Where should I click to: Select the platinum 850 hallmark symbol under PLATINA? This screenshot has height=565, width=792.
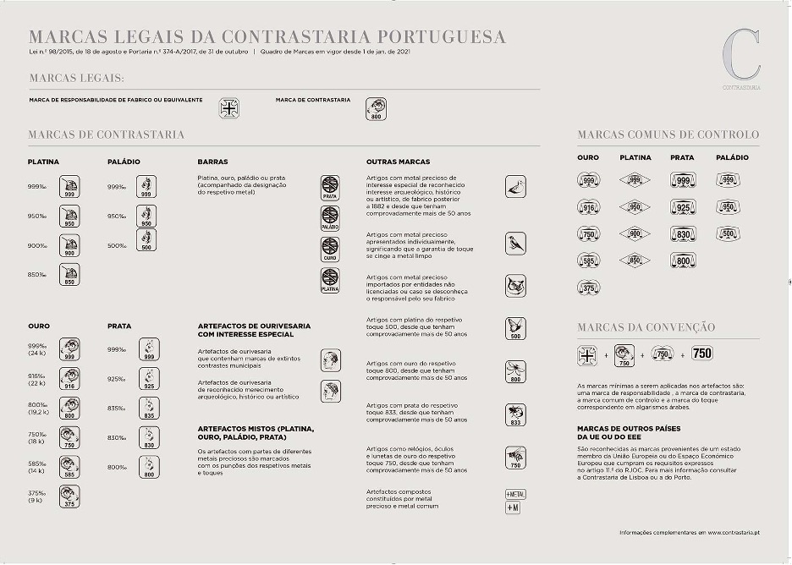click(69, 275)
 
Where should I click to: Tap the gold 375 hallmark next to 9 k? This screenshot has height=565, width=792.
click(69, 497)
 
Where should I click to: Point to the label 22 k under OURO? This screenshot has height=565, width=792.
click(37, 384)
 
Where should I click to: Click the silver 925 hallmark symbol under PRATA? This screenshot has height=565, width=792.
click(149, 379)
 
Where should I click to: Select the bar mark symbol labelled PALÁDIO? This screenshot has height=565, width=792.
click(330, 217)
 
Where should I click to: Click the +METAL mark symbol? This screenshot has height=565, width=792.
click(515, 493)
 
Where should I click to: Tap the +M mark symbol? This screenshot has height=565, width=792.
click(513, 507)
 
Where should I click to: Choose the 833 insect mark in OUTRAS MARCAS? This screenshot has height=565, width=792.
click(515, 414)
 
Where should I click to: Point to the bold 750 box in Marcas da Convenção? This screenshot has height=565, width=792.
click(702, 354)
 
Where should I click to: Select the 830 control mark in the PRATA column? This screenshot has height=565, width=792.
click(682, 234)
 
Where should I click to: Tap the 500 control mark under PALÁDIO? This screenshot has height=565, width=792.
click(727, 234)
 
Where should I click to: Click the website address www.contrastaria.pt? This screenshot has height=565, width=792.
click(734, 532)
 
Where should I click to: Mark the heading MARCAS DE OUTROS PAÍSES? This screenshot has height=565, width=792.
click(629, 429)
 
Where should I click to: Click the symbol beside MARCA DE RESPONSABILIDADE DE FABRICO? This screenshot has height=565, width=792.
click(229, 108)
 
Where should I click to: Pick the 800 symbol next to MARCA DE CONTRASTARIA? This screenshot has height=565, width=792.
click(376, 108)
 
